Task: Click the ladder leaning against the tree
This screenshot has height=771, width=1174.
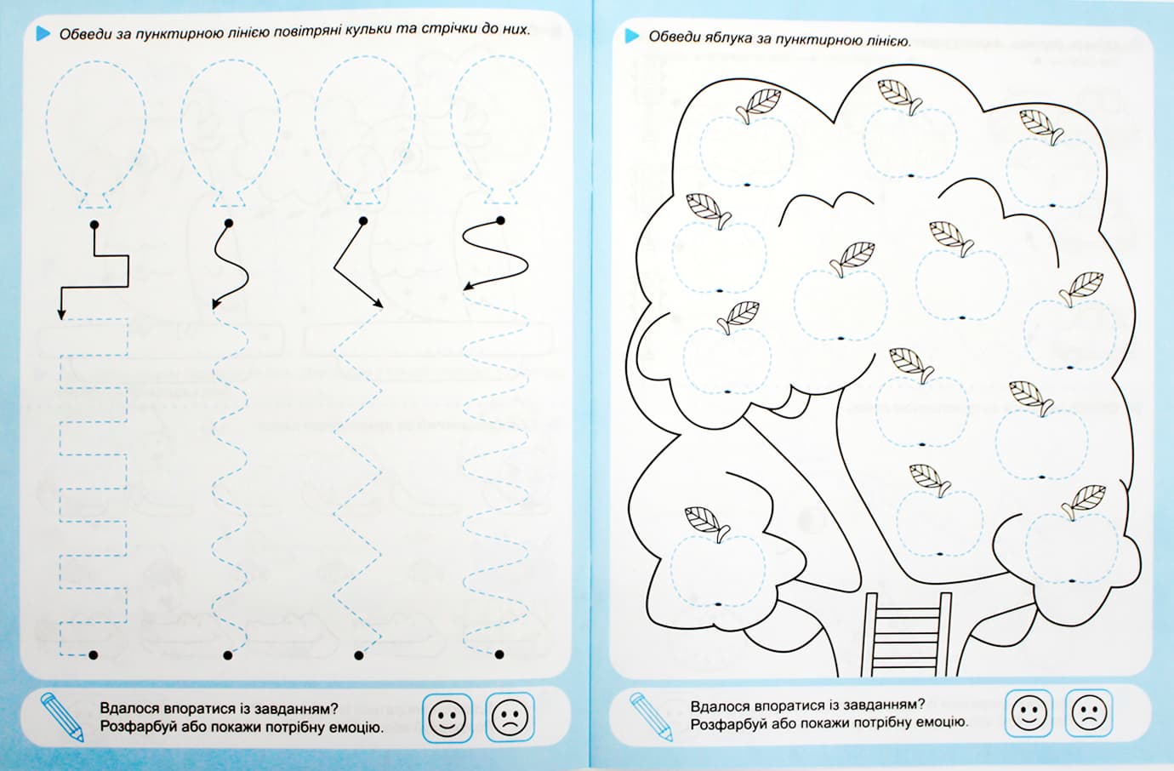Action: tap(907, 634)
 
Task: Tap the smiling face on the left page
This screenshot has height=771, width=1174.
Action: tap(447, 718)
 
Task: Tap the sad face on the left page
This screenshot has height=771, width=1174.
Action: tap(510, 717)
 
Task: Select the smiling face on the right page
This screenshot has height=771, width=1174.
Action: tap(1029, 713)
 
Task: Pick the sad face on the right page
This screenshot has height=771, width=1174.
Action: tap(1089, 713)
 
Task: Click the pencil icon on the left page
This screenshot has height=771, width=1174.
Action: tap(62, 717)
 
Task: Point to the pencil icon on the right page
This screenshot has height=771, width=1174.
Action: tap(651, 716)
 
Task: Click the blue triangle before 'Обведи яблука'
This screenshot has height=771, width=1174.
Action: tap(632, 36)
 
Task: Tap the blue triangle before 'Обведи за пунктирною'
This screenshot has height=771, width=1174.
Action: tap(43, 33)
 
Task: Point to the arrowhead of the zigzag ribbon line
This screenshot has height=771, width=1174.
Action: tap(379, 304)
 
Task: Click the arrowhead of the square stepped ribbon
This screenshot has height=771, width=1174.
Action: tap(61, 314)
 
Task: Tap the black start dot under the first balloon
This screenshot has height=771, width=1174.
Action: tap(94, 225)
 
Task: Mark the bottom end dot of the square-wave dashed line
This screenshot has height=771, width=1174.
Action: tap(94, 654)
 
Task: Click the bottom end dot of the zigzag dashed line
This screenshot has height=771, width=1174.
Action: tap(359, 655)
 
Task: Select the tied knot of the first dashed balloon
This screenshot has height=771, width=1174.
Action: tap(94, 201)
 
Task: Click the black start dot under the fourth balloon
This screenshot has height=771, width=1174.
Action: tap(500, 220)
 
